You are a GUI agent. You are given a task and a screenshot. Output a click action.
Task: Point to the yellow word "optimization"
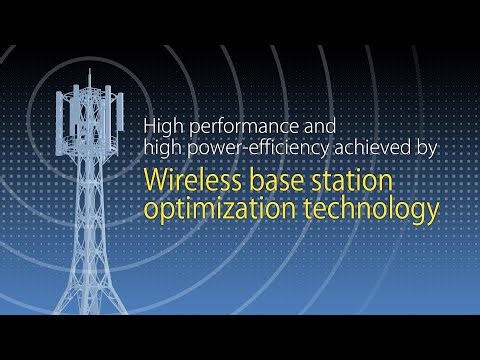pyautogui.click(x=209, y=210)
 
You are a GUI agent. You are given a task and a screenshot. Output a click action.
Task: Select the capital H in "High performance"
pyautogui.click(x=150, y=126)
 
